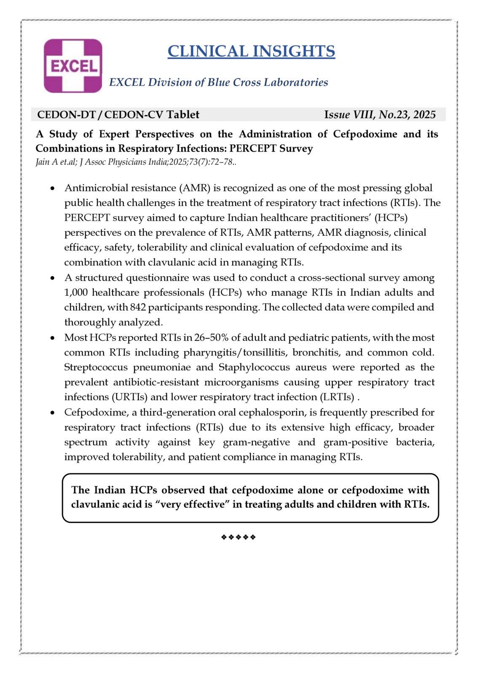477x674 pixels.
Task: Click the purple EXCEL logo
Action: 73,66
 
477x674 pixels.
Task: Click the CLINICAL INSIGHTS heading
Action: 251,51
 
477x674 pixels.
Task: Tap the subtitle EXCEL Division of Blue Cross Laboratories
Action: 218,82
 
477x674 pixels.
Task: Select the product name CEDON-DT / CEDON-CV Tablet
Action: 118,115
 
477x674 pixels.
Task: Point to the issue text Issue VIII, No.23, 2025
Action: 380,115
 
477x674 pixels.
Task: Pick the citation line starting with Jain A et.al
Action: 136,162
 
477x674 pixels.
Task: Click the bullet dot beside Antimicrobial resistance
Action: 52,188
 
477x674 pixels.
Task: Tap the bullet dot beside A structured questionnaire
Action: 52,278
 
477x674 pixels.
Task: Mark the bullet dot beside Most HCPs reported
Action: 52,338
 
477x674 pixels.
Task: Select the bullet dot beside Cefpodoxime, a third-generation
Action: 52,412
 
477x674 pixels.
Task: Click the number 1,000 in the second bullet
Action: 76,292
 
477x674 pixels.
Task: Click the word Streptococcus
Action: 96,367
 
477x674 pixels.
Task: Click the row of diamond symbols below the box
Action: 238,537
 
